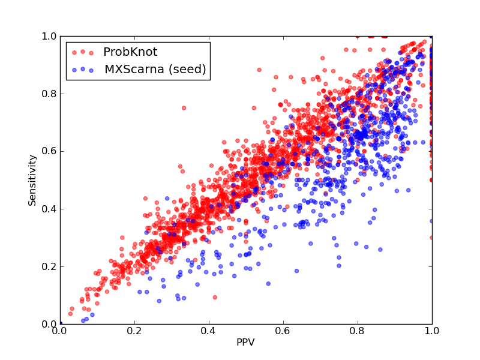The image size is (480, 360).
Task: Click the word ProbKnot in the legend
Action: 130,52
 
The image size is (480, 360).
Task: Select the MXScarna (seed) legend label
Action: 155,69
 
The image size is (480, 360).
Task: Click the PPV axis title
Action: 245,342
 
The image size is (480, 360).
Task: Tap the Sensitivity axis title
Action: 32,180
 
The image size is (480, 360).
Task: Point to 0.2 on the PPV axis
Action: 134,331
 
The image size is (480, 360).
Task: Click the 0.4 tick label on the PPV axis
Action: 209,331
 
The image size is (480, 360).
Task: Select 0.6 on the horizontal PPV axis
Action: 283,331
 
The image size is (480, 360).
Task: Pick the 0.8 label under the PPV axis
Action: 358,331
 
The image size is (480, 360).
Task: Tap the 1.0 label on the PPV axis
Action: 432,331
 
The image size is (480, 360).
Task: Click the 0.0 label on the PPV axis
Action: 61,331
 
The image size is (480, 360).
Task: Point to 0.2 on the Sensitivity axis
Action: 49,266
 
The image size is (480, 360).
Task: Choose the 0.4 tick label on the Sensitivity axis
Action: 49,209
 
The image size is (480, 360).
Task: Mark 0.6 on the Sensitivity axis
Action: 49,152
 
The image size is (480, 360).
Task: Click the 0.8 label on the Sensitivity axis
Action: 49,94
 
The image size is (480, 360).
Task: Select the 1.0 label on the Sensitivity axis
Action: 49,37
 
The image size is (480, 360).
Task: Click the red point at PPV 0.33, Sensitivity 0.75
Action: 184,108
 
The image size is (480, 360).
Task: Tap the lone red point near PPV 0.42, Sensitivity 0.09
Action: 215,297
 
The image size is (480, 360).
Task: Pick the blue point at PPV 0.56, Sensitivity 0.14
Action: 268,284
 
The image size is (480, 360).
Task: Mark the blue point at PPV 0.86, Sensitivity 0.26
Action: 380,250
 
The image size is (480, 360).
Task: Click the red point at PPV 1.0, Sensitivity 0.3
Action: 431,238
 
